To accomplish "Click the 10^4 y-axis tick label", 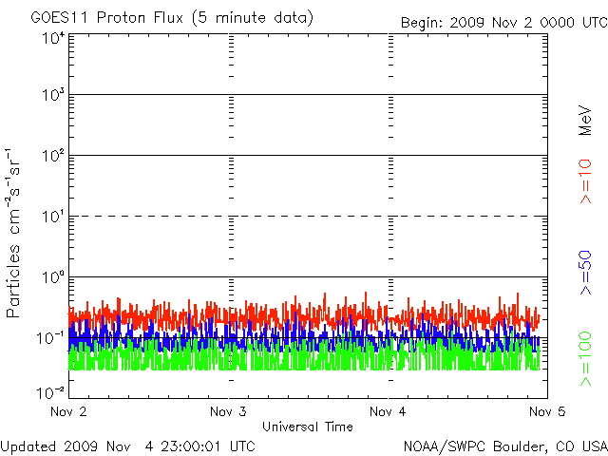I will (x=53, y=38).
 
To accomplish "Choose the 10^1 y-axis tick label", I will (x=53, y=218).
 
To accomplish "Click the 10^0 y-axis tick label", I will (x=53, y=279).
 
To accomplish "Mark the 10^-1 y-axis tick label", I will (x=51, y=339).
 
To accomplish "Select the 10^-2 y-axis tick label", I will (x=51, y=392).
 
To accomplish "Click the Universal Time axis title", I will (x=307, y=427).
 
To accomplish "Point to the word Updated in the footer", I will (x=28, y=445).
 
